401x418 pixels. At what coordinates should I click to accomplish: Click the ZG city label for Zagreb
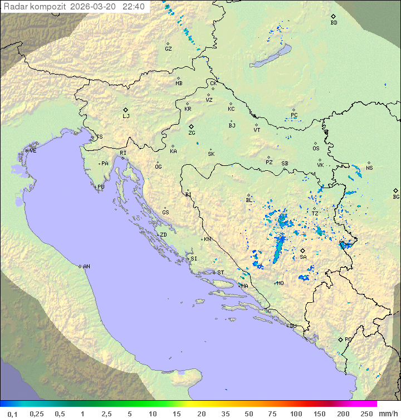point(192,134)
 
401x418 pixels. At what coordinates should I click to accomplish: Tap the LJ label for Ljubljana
point(126,116)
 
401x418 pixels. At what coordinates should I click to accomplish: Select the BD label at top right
point(334,23)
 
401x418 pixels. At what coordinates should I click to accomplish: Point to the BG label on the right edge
point(396,196)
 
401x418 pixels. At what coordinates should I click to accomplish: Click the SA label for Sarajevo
point(303,257)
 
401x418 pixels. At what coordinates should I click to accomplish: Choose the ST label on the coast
point(221,273)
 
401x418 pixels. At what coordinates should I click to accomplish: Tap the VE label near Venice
point(33,151)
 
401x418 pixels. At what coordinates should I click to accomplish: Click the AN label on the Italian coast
point(86,267)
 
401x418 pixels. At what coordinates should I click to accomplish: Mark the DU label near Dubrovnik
point(292,326)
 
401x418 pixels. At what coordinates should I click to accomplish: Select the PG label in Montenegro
point(348,340)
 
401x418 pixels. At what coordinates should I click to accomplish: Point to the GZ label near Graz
point(168,49)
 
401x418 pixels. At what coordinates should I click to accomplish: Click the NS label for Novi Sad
point(369,168)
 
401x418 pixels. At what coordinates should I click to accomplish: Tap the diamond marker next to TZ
point(315,208)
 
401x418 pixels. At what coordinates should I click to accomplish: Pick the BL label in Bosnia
point(249,200)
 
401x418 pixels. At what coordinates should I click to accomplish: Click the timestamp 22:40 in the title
point(134,7)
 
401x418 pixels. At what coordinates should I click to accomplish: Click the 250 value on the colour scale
point(366,414)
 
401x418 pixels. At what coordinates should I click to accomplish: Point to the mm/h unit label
point(388,414)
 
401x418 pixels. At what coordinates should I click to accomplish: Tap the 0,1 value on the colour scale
point(12,414)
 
